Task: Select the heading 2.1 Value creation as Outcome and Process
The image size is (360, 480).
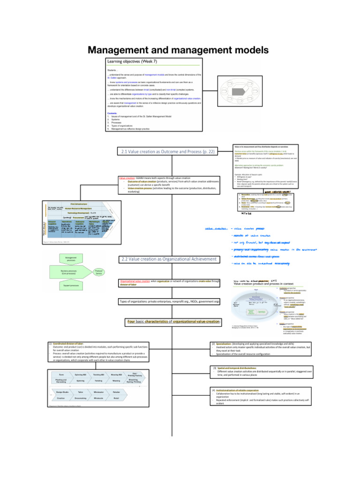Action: pyautogui.click(x=168, y=151)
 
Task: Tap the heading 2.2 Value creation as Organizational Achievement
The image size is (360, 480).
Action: pyautogui.click(x=169, y=259)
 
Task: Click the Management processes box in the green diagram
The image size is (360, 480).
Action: pyautogui.click(x=68, y=258)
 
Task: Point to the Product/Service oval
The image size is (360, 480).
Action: pyautogui.click(x=99, y=271)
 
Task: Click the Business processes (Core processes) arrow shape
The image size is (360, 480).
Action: pyautogui.click(x=68, y=271)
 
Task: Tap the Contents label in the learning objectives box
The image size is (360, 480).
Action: pyautogui.click(x=112, y=113)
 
